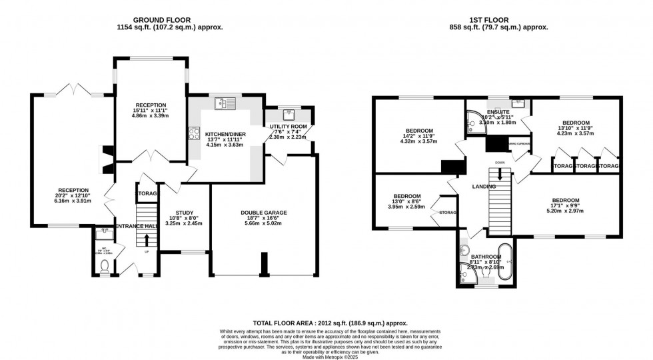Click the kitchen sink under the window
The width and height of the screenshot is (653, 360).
224,103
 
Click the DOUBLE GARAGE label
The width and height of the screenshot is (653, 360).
264,213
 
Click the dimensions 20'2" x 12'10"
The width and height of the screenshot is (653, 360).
73,195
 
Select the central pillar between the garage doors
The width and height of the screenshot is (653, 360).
263,265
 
